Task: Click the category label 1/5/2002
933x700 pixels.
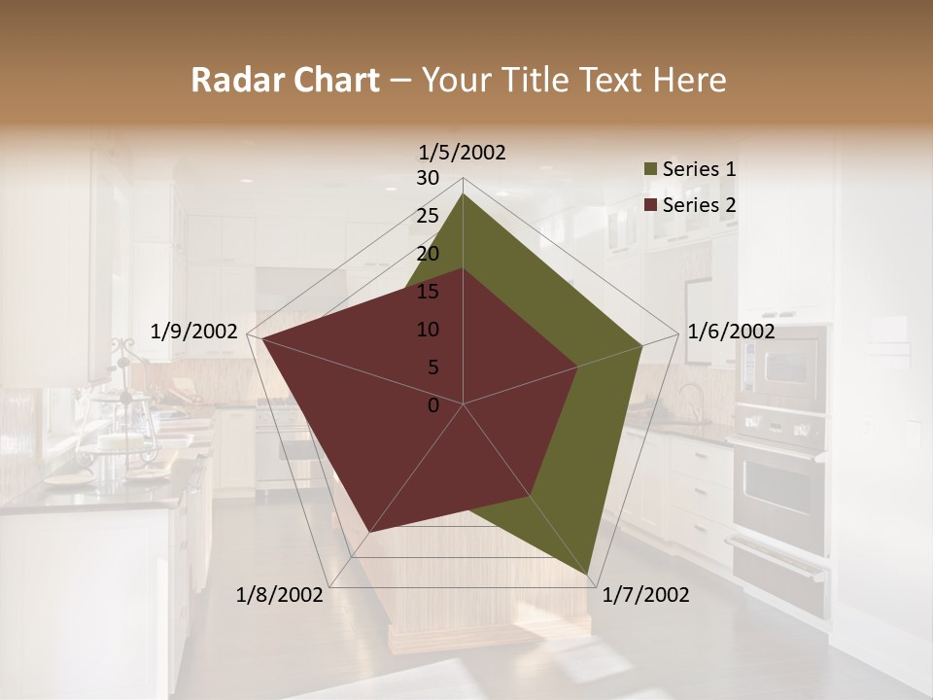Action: point(463,153)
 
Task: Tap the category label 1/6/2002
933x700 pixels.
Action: point(731,332)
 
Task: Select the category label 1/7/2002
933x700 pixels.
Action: point(645,595)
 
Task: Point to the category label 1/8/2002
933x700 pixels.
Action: point(280,595)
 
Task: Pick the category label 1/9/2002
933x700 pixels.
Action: point(194,332)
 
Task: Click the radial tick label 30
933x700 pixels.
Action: point(428,178)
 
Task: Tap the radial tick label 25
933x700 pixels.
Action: point(428,216)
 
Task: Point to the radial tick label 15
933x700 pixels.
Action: point(428,292)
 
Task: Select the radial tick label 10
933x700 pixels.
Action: point(428,330)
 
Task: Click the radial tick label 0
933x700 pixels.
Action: point(433,405)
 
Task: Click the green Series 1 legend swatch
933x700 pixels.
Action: point(650,170)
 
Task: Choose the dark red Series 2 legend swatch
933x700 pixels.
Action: point(650,205)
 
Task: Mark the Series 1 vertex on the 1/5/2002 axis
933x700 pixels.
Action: point(463,193)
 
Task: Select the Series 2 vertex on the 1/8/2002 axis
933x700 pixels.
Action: point(367,533)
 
